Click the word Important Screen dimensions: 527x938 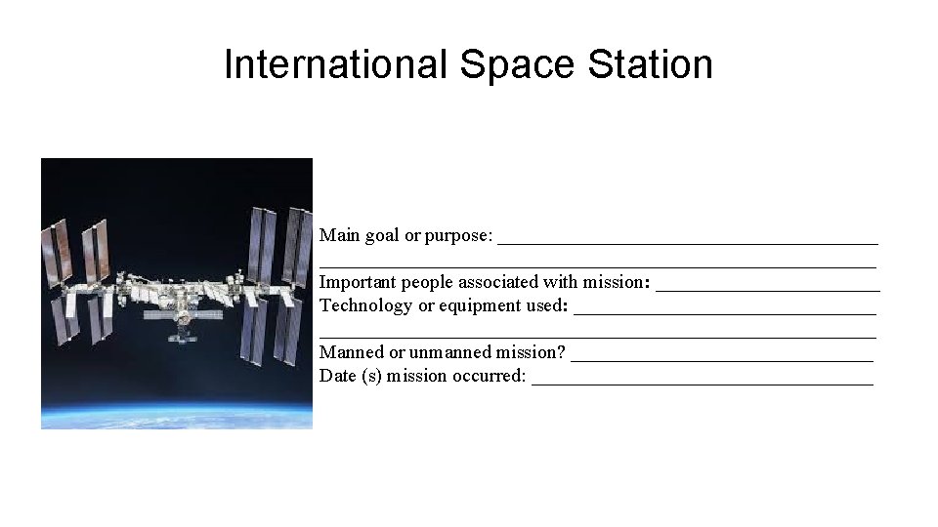pyautogui.click(x=359, y=283)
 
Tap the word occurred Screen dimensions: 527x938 pyautogui.click(x=488, y=376)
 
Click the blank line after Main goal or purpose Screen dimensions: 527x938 pyautogui.click(x=688, y=239)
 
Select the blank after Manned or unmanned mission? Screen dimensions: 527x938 pyautogui.click(x=721, y=356)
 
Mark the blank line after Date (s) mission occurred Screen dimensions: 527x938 pyautogui.click(x=702, y=380)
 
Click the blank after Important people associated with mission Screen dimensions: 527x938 pyautogui.click(x=767, y=286)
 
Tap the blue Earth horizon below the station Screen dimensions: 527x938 pyautogui.click(x=176, y=410)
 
